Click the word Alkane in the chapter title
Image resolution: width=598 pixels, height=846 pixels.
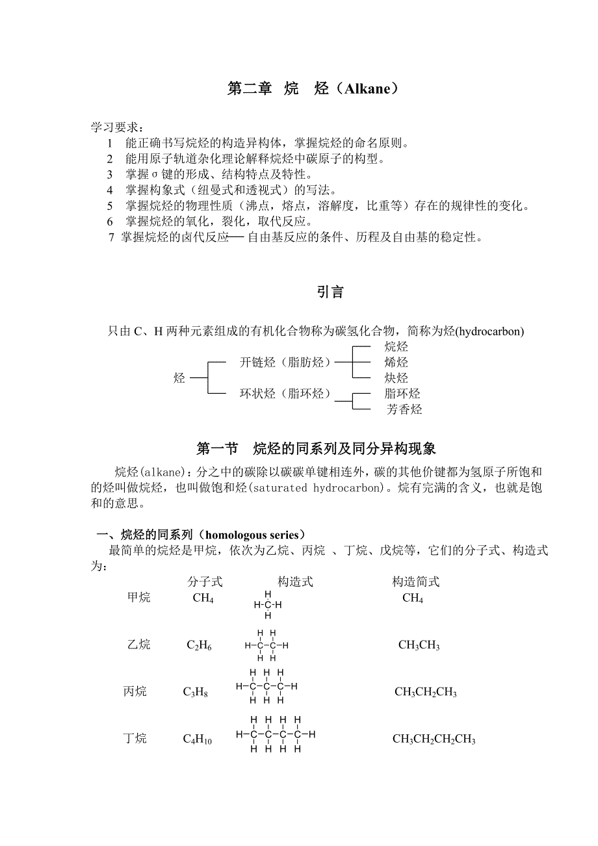[362, 89]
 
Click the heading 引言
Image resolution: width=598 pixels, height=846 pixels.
[330, 292]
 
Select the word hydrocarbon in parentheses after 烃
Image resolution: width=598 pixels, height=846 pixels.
[489, 331]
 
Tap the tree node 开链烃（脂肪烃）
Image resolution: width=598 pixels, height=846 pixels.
[285, 362]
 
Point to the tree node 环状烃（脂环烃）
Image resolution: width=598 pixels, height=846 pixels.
[285, 394]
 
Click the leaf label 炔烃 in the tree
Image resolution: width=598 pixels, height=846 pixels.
[396, 378]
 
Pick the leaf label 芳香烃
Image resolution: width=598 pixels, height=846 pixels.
[404, 409]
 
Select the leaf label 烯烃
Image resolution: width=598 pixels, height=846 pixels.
[396, 362]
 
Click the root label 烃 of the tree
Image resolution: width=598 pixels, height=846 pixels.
[179, 378]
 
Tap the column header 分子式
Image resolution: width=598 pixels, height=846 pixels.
[205, 582]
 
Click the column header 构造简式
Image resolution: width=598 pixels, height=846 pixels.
[416, 582]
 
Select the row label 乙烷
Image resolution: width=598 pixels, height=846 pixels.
[138, 645]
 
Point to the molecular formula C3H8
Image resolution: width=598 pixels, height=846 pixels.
[196, 693]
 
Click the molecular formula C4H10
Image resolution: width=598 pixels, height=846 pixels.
[198, 739]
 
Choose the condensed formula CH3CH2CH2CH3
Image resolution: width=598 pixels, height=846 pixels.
[434, 739]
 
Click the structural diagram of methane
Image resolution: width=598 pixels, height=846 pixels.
[268, 605]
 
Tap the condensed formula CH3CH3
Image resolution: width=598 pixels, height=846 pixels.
[419, 645]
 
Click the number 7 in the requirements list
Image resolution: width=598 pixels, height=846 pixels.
[111, 238]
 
